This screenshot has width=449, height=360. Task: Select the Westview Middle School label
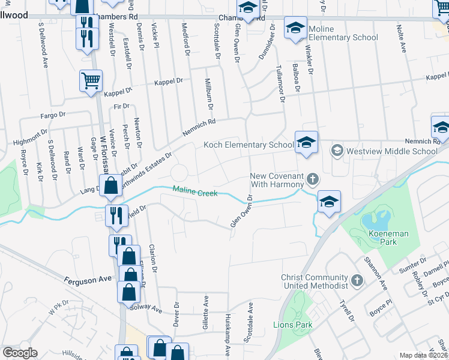(x=391, y=151)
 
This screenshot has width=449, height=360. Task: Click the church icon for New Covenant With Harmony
(x=312, y=179)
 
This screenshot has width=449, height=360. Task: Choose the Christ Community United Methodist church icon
(x=357, y=280)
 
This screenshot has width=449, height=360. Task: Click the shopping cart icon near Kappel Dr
(x=91, y=80)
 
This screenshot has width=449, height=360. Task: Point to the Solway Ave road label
(x=148, y=309)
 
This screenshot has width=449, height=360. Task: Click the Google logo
(x=19, y=353)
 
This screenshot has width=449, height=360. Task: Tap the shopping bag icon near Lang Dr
(x=112, y=185)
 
